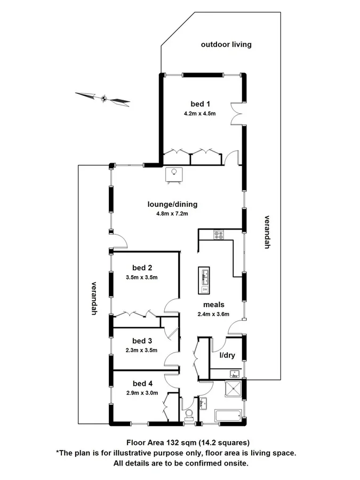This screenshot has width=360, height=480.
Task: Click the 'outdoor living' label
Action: point(226,44)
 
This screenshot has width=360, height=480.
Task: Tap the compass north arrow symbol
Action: point(103,98)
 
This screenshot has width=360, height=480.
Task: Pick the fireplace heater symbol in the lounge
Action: point(174,174)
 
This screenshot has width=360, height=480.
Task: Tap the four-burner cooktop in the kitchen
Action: point(219,234)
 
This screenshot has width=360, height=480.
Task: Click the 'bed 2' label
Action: point(142,267)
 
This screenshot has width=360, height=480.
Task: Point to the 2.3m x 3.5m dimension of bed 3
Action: point(142,350)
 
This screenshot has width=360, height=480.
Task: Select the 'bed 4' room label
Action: point(142,383)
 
